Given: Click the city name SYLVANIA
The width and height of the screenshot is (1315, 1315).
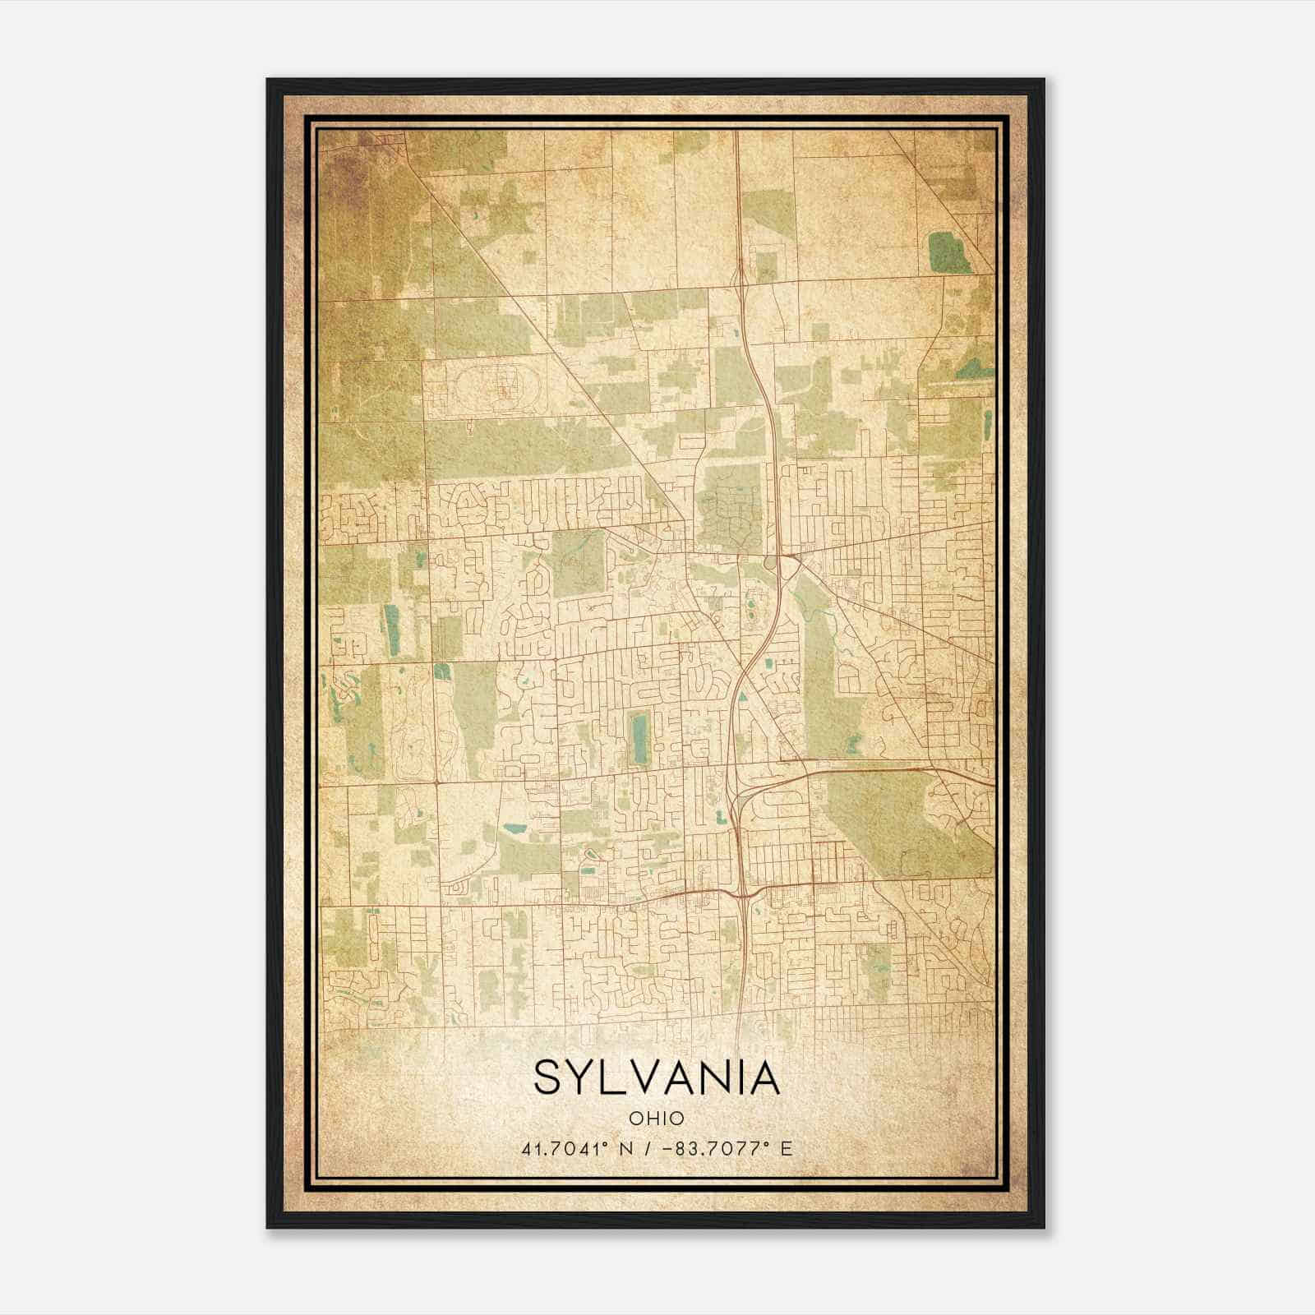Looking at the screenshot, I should (656, 1078).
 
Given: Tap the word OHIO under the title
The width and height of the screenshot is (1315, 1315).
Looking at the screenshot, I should (656, 1119).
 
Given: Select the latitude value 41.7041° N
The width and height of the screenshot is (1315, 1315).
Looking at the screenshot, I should (575, 1149).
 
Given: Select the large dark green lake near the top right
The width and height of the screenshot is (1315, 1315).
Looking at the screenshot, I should (949, 252).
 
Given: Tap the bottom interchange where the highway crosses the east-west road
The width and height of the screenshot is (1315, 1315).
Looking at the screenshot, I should (744, 892).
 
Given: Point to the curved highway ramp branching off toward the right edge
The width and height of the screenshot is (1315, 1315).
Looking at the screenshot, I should (871, 773).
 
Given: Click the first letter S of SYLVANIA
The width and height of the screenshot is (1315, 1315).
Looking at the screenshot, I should (549, 1078).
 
